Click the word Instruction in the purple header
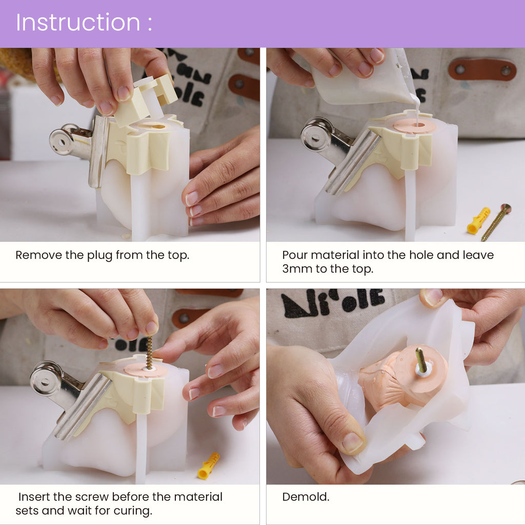[77, 23]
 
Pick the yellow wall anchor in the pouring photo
[478, 220]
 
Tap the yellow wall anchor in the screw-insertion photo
[208, 466]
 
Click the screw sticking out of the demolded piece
[420, 360]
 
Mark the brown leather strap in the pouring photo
[481, 69]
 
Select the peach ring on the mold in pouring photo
[414, 126]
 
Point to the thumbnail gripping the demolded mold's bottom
[353, 442]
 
